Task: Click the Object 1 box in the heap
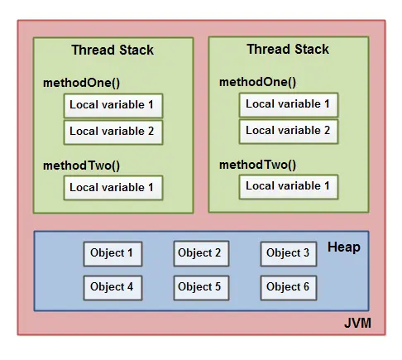112,253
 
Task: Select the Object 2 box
200,253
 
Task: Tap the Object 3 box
289,253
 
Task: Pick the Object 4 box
112,287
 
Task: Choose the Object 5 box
200,287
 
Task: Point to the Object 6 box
289,287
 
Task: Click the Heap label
343,247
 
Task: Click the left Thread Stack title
112,50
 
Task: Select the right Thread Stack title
288,50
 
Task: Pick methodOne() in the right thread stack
257,83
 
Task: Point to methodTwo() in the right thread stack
257,165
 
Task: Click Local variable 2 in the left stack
112,132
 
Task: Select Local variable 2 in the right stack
289,131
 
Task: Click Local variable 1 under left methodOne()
112,105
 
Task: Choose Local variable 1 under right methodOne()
289,104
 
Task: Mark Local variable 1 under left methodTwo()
112,188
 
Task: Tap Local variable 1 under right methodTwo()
289,186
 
